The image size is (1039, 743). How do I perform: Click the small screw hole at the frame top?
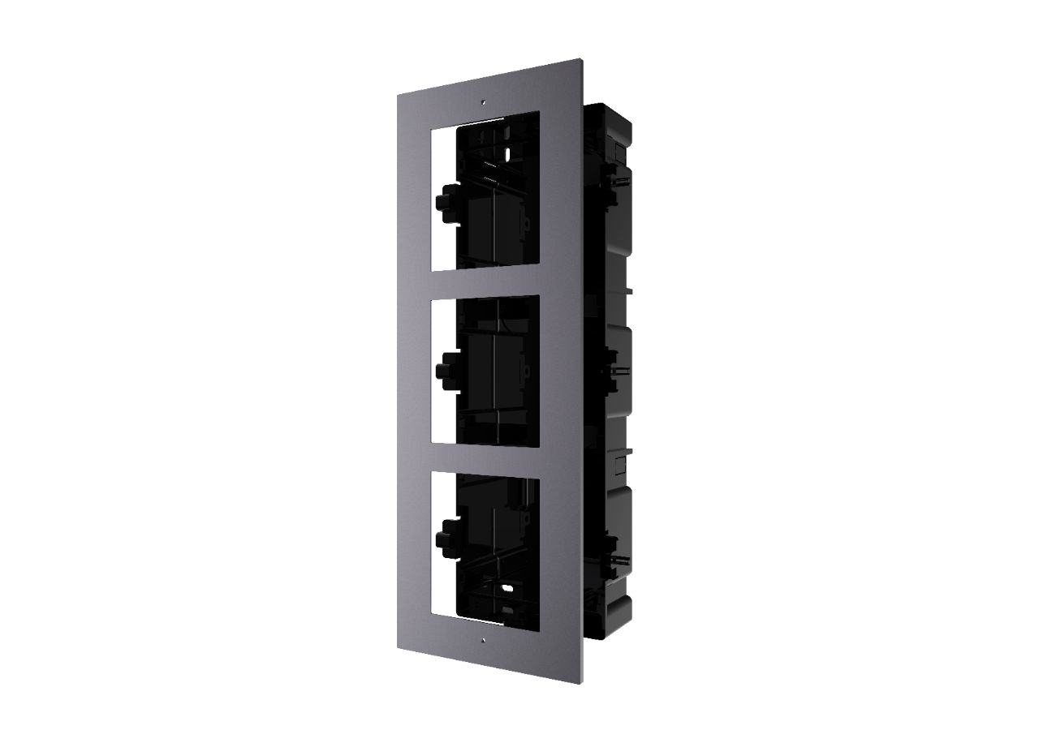[482, 103]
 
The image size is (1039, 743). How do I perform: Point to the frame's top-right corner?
[580, 59]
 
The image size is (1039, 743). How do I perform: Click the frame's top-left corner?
[398, 96]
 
